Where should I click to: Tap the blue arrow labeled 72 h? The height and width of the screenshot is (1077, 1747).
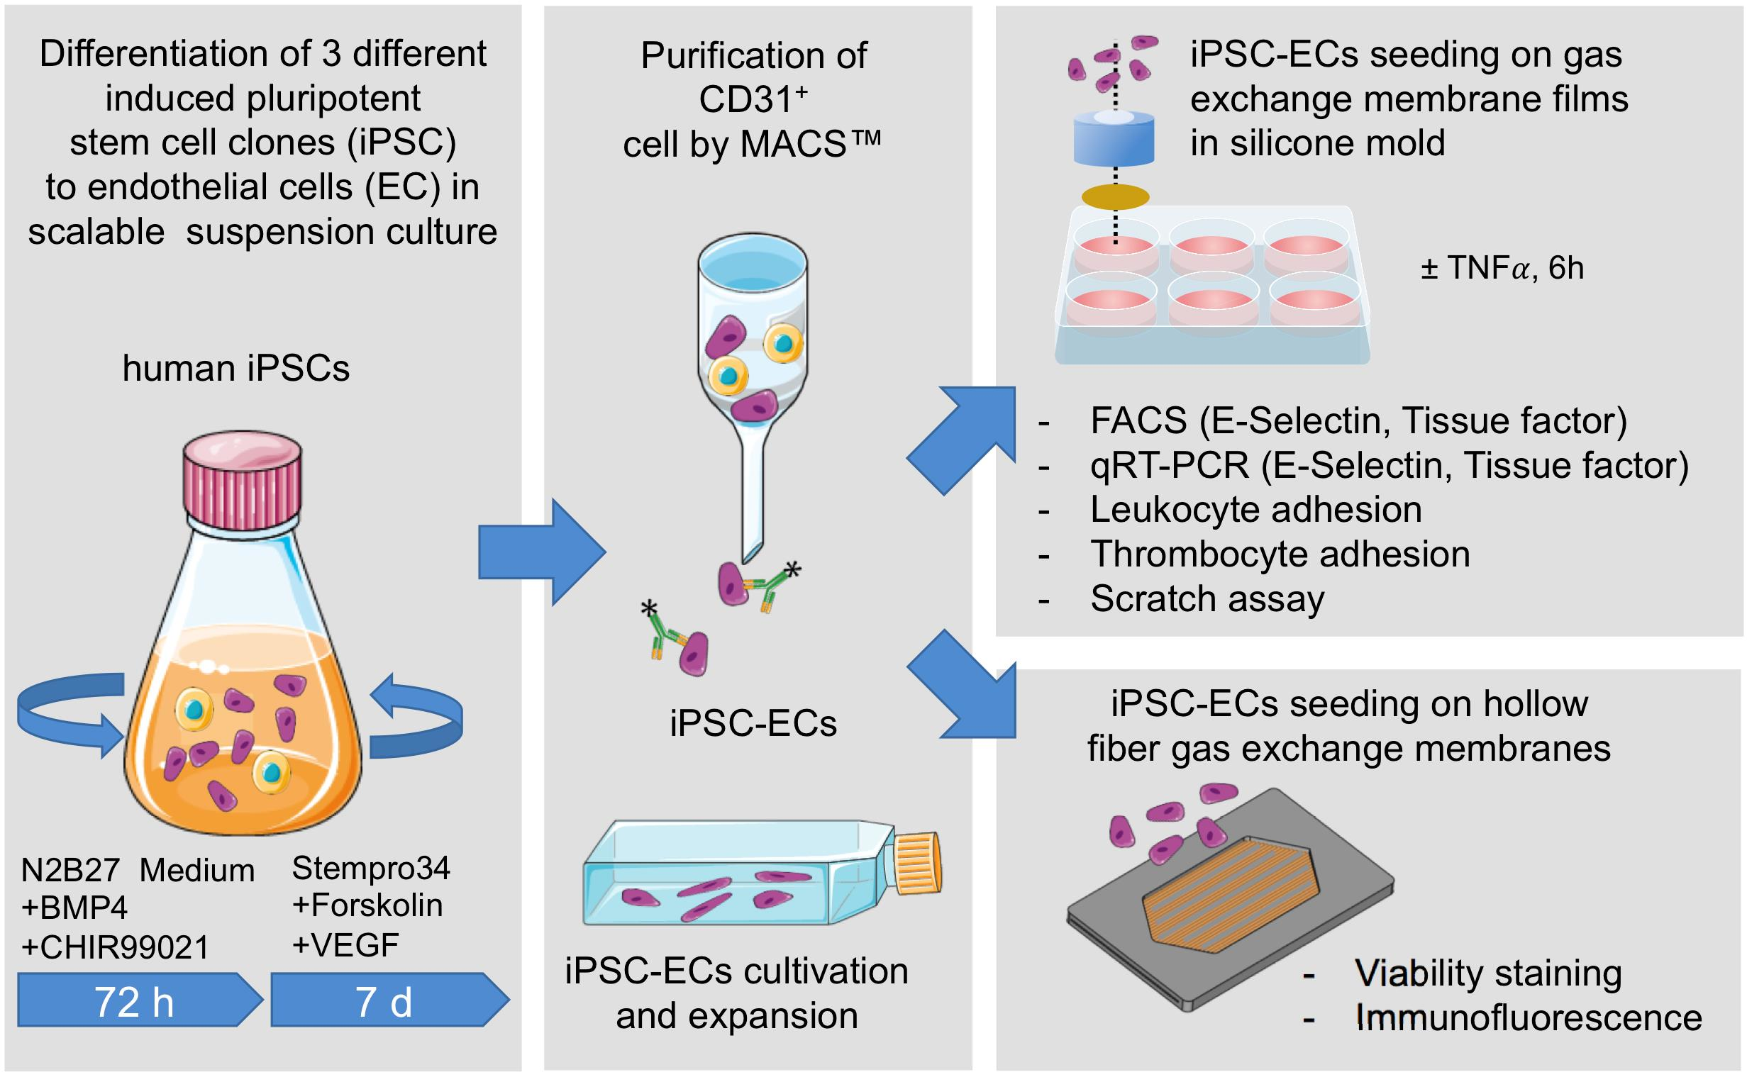(x=135, y=1002)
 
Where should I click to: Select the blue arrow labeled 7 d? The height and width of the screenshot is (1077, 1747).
(x=384, y=1002)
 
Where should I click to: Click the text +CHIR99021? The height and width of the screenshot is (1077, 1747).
(x=116, y=948)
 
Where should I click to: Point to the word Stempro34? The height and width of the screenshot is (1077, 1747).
(x=371, y=869)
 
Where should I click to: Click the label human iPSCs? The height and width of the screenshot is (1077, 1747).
(x=235, y=368)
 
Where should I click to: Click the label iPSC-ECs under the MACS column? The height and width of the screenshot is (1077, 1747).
(x=753, y=724)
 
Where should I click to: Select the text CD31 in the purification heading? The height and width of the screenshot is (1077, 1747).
(x=745, y=100)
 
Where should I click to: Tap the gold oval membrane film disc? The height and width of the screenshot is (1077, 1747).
(x=1115, y=196)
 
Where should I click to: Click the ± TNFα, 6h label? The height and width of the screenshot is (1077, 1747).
(x=1502, y=269)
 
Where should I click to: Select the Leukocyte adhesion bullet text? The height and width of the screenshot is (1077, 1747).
(x=1255, y=510)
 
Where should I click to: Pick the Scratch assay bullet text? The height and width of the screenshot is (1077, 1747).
(x=1207, y=599)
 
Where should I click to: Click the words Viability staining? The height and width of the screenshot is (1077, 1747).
(x=1487, y=973)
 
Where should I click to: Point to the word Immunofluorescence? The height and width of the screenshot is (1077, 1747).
(x=1529, y=1017)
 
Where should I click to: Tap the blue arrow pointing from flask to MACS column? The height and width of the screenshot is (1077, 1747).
(x=541, y=552)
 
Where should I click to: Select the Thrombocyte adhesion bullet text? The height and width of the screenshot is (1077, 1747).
(x=1280, y=554)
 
